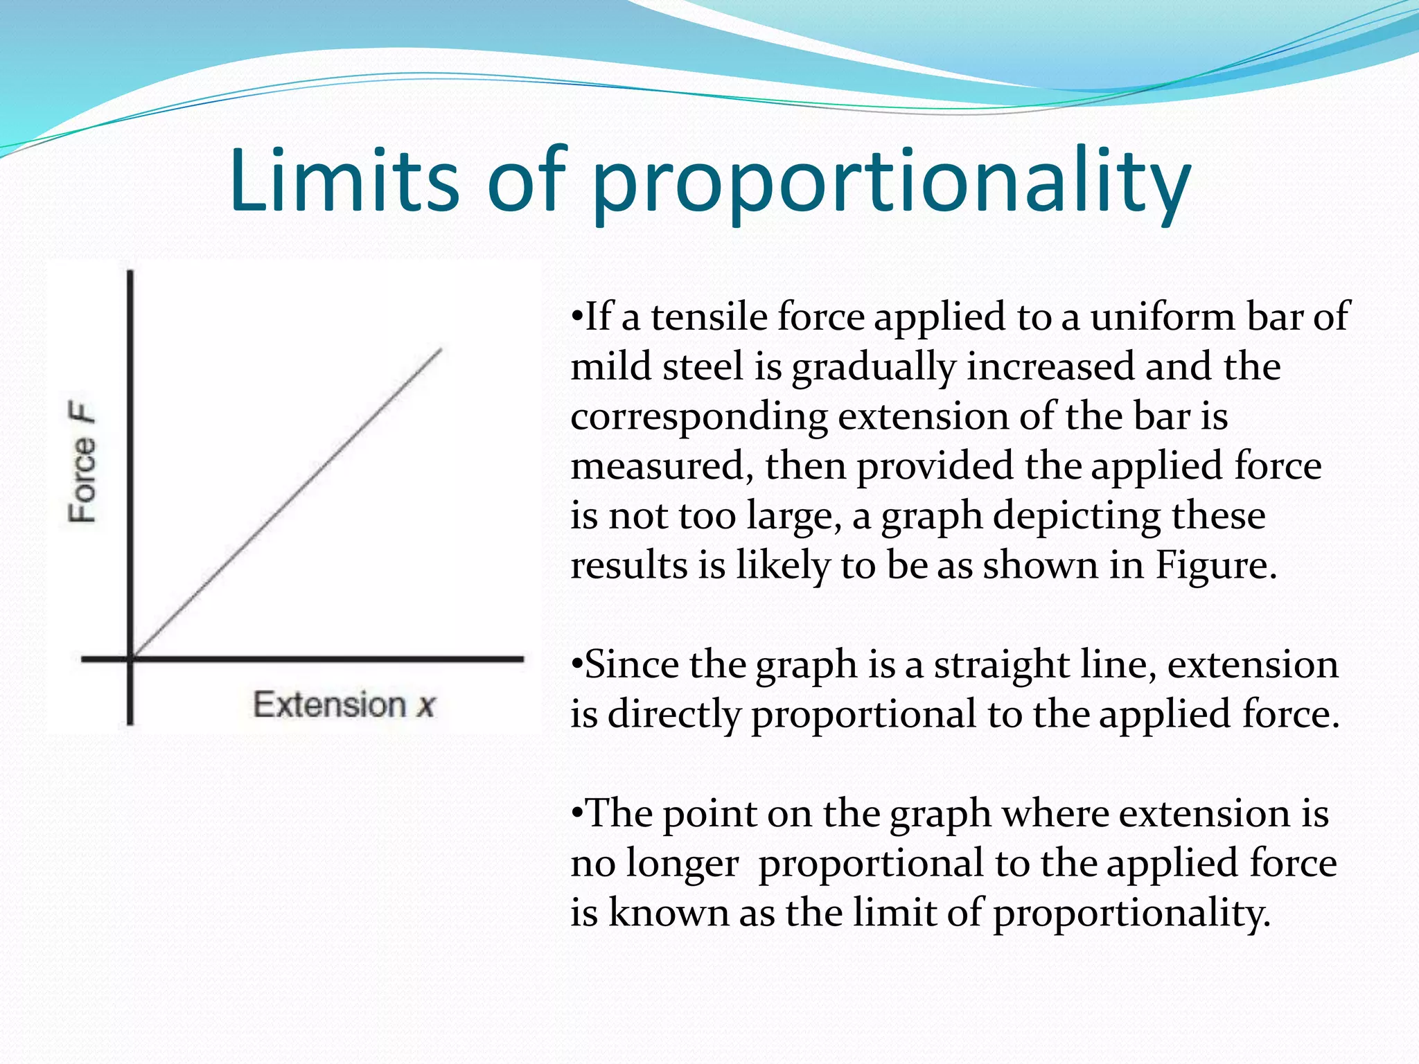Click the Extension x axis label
coord(344,704)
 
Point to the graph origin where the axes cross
coord(131,658)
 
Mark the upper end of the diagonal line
coord(441,350)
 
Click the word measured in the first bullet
coord(658,465)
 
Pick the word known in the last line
coord(668,912)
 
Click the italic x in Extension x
coord(425,706)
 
